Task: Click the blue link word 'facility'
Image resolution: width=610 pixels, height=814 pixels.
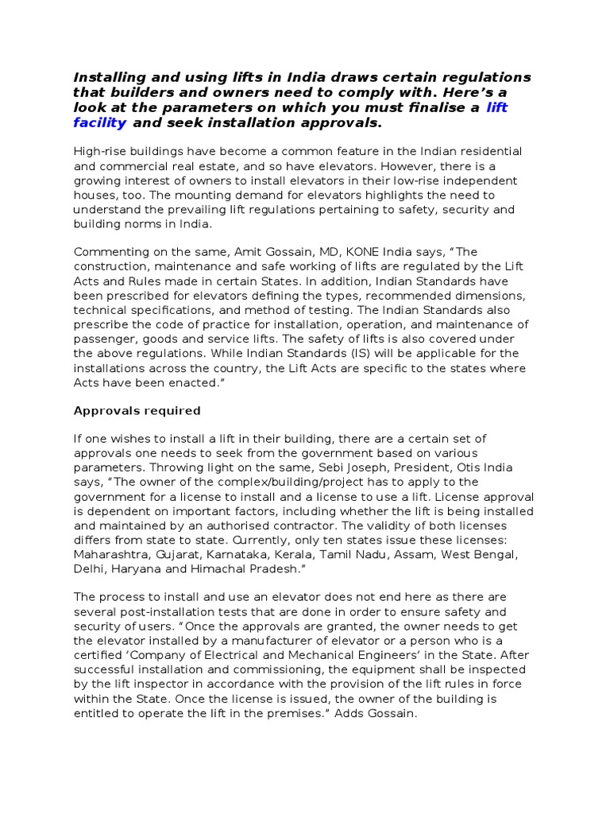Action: (99, 122)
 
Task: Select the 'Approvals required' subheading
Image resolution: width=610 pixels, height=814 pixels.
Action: (137, 411)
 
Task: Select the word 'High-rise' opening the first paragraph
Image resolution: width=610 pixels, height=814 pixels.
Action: (102, 151)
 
